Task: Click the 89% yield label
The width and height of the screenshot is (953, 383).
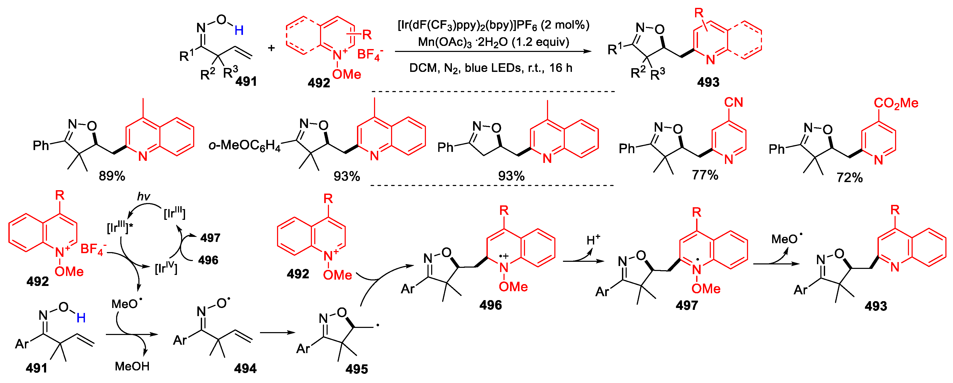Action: click(x=112, y=176)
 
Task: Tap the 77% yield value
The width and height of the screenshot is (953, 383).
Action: click(x=705, y=175)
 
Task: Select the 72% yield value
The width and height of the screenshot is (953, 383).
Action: click(x=849, y=178)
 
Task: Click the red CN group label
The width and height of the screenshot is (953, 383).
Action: click(x=734, y=102)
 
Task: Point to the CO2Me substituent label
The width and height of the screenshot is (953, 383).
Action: click(x=896, y=103)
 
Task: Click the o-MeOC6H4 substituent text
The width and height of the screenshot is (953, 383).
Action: click(x=245, y=146)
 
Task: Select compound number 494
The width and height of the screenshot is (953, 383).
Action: click(x=245, y=368)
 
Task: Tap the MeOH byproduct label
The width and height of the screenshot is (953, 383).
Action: click(x=132, y=366)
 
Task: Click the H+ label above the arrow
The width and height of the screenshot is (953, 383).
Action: click(x=593, y=240)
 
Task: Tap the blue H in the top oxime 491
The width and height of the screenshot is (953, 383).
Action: click(x=239, y=30)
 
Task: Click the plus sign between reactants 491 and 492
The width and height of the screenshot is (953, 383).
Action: click(x=272, y=48)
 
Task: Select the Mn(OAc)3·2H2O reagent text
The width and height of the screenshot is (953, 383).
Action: click(x=493, y=42)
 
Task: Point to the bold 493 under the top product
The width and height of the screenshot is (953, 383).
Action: click(x=708, y=82)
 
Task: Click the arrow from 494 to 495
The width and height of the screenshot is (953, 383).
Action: click(x=278, y=333)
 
